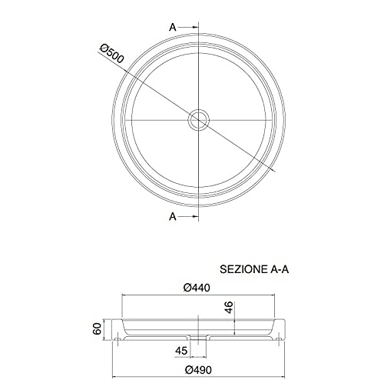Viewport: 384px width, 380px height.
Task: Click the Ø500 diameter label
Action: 112,54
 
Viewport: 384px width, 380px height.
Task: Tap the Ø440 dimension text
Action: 197,288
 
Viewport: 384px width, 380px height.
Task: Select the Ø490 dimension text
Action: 198,370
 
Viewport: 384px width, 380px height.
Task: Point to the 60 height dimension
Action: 98,328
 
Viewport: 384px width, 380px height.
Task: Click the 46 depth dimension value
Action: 229,307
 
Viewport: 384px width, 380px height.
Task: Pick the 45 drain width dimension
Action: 181,351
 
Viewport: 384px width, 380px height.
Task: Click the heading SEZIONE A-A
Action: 254,269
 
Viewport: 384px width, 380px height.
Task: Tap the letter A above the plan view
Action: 173,27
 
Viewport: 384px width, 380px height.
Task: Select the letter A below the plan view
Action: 173,217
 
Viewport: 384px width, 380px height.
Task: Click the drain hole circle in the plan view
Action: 199,109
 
